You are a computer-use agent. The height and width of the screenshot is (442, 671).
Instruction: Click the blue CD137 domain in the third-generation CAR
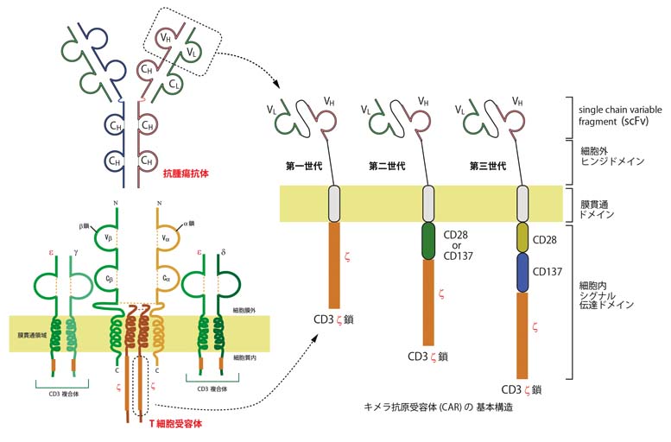tap(522, 274)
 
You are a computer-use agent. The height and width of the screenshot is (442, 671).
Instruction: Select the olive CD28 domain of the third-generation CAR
tap(522, 237)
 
